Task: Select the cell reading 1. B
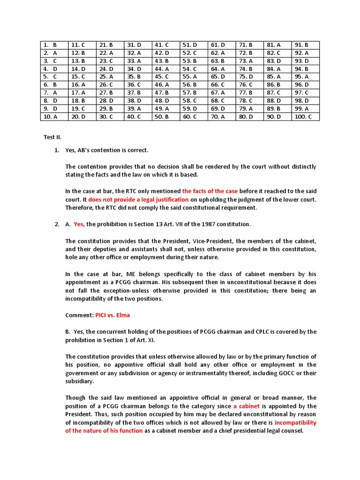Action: click(54, 45)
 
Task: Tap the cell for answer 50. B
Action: click(166, 117)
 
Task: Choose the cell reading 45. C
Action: click(166, 77)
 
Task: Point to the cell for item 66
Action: click(222, 85)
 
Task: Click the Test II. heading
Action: click(52, 137)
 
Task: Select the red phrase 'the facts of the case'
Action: click(210, 191)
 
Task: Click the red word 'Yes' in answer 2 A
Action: click(78, 224)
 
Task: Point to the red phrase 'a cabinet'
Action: click(246, 406)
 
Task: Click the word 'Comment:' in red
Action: click(79, 315)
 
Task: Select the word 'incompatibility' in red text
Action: click(295, 422)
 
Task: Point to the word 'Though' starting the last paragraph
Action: click(75, 397)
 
